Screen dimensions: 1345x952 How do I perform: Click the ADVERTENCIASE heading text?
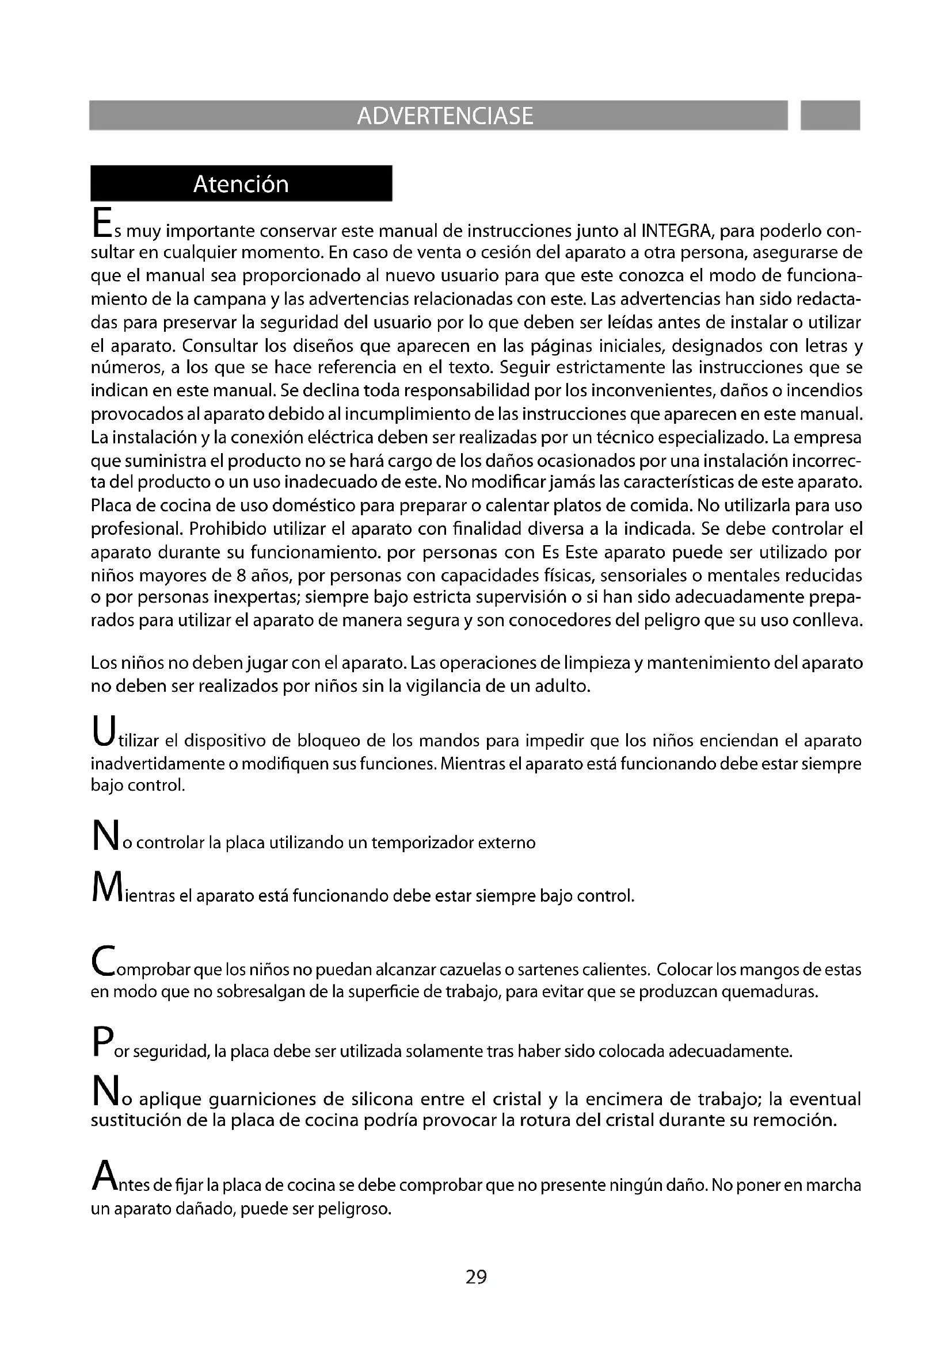pyautogui.click(x=445, y=116)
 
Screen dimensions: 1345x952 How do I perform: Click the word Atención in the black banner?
pyautogui.click(x=241, y=185)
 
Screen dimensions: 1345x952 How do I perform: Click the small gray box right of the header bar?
pyautogui.click(x=829, y=116)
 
